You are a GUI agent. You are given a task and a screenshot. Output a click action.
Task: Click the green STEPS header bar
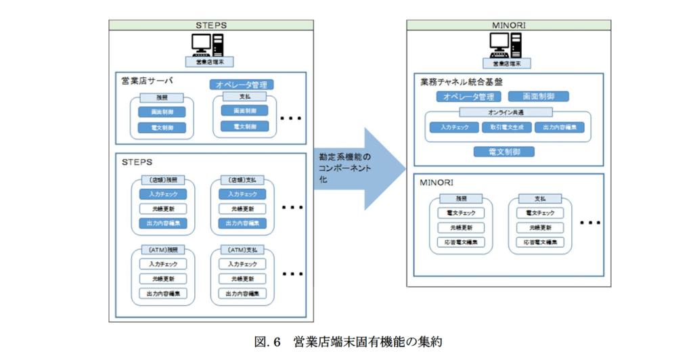pyautogui.click(x=212, y=25)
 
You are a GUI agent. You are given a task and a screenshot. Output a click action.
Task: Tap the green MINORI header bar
pyautogui.click(x=510, y=25)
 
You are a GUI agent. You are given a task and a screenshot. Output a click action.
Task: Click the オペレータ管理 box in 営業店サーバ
pyautogui.click(x=240, y=85)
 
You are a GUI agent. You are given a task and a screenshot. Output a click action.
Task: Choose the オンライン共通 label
pyautogui.click(x=506, y=112)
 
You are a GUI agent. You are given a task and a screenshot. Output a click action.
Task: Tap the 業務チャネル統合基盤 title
pyautogui.click(x=461, y=82)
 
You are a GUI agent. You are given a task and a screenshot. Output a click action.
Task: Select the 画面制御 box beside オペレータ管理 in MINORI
pyautogui.click(x=538, y=97)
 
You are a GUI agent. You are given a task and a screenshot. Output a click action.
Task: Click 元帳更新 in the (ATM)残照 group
pyautogui.click(x=162, y=279)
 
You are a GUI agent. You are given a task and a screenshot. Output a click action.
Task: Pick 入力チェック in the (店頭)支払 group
pyautogui.click(x=242, y=194)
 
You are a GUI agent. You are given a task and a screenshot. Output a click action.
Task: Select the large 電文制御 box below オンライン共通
pyautogui.click(x=504, y=152)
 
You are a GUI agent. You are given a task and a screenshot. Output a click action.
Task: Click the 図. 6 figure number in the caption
pyautogui.click(x=267, y=342)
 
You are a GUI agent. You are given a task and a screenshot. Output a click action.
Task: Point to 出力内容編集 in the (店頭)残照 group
pyautogui.click(x=162, y=223)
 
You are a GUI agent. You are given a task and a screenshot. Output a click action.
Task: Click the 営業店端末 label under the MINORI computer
pyautogui.click(x=509, y=63)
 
